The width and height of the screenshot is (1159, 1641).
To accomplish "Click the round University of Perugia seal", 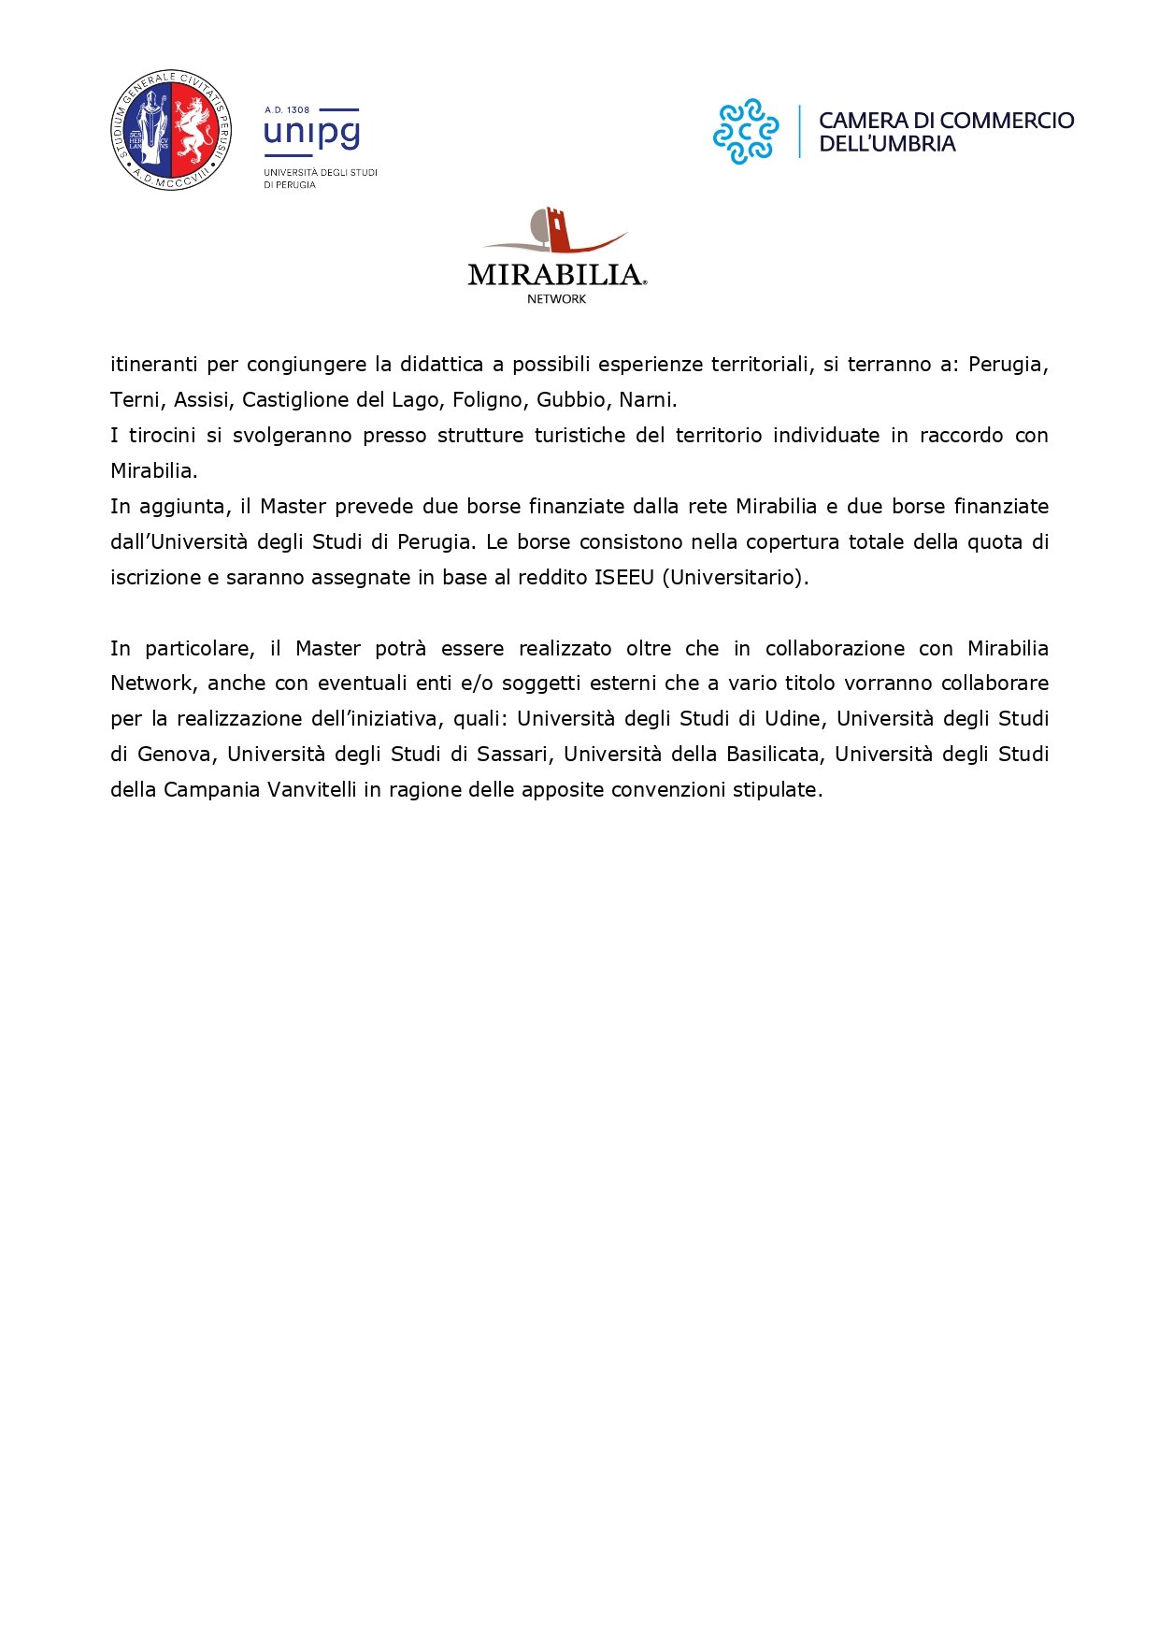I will pos(170,130).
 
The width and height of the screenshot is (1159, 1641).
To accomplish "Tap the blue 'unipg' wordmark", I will pos(311,133).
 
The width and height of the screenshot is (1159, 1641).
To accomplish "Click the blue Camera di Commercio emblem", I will pos(745,132).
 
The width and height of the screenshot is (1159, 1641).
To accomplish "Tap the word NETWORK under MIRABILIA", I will pos(556,299).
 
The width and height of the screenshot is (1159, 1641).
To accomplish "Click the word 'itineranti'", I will pos(154,364).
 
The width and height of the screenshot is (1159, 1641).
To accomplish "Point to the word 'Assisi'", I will pos(201,399).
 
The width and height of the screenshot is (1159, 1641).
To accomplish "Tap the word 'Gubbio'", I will pos(571,399).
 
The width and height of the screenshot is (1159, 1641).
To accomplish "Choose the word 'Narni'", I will pos(646,399).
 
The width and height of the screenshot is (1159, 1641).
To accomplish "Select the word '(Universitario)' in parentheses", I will pos(735,577).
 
